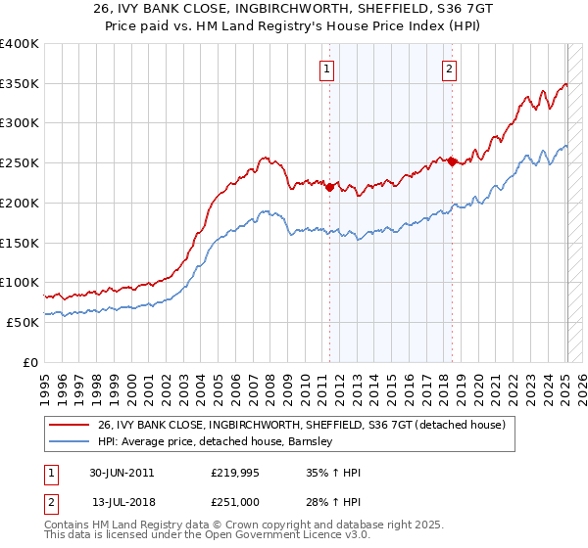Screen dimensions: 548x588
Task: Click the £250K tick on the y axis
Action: (x=20, y=163)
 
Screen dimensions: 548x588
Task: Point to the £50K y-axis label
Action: (x=22, y=322)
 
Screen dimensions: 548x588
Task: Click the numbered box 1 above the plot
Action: (x=325, y=68)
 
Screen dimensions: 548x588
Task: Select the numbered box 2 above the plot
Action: (x=448, y=68)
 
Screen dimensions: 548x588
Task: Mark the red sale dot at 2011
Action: (x=329, y=187)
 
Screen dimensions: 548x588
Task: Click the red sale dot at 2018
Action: (x=452, y=162)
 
